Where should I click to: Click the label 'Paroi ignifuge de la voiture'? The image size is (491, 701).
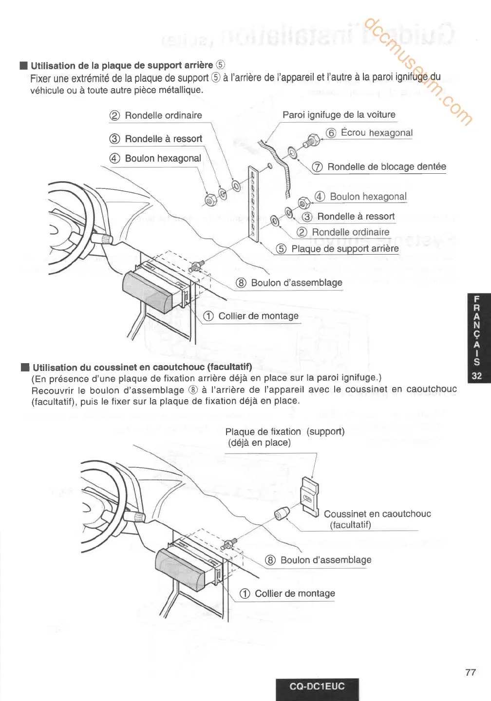339,115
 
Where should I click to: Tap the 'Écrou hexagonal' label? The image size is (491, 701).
376,133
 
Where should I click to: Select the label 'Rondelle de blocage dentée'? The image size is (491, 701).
386,167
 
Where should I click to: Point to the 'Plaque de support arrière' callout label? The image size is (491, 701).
345,249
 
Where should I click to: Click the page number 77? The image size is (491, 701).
470,672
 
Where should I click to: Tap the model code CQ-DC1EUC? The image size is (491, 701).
317,686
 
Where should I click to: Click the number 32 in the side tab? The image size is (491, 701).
476,376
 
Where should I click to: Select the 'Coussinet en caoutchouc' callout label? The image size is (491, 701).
377,514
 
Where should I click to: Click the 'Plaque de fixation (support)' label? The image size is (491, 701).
284,432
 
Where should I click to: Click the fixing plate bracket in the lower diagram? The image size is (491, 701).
310,496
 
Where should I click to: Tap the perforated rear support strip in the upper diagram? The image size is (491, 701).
253,203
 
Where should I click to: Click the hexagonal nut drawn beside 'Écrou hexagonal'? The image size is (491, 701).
311,141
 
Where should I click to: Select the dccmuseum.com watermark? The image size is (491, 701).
417,72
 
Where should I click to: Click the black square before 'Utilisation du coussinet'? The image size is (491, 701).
25,367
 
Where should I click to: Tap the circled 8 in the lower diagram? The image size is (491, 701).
270,560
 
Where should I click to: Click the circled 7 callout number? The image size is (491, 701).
317,167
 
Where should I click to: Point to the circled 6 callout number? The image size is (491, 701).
331,133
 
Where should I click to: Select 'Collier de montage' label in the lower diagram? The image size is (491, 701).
295,593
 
